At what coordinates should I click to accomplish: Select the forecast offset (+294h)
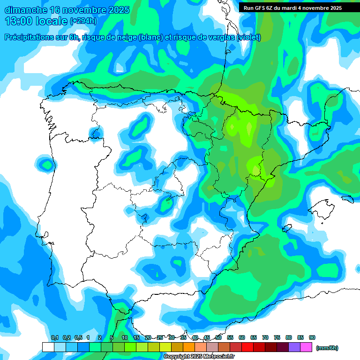pos(83,21)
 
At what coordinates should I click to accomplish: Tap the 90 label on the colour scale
pos(312,337)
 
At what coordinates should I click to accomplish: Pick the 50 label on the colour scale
pos(218,337)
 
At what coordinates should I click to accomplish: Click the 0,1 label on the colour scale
pos(55,337)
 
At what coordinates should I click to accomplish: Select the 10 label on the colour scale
pos(125,337)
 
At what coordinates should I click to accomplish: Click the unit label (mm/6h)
pos(327,348)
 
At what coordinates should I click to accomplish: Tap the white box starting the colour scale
pos(48,347)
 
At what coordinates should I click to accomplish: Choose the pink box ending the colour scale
pos(306,347)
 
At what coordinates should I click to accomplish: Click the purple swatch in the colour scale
pos(294,347)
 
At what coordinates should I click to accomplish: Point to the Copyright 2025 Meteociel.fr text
pos(199,357)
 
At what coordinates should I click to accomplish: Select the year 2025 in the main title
pos(117,10)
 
